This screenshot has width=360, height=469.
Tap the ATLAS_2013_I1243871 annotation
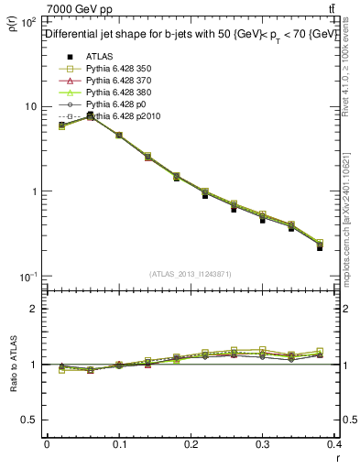pyautogui.click(x=190, y=273)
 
